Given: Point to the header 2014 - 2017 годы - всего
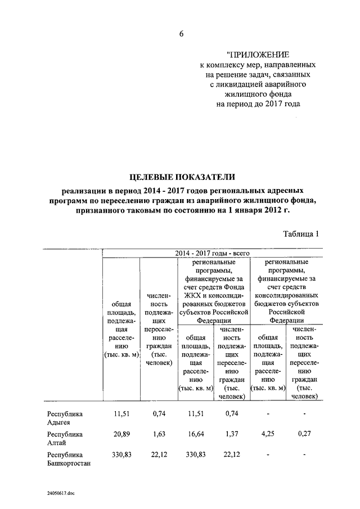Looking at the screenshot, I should click(212, 254).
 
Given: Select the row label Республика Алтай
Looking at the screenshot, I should click(65, 439).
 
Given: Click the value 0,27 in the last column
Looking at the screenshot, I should click(304, 434).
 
